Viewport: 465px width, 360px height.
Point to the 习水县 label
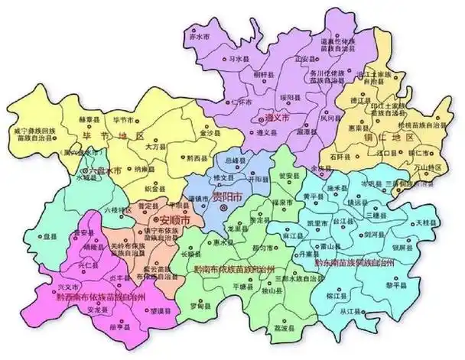240,57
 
